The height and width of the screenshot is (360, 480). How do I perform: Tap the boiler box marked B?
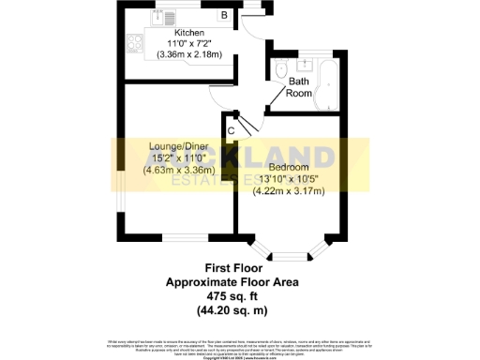(224, 15)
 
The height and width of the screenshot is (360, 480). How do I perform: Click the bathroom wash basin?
(304, 67)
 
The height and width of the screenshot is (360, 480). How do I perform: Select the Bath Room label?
(298, 87)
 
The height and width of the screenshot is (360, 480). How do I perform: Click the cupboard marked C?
(231, 129)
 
